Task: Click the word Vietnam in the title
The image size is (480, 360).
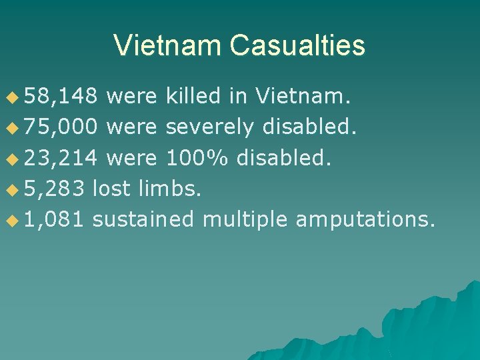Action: [167, 45]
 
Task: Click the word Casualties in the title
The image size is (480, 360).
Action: [297, 45]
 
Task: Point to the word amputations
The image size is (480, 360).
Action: [365, 218]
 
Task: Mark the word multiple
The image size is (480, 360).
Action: [245, 218]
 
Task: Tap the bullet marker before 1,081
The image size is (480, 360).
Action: [11, 219]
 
